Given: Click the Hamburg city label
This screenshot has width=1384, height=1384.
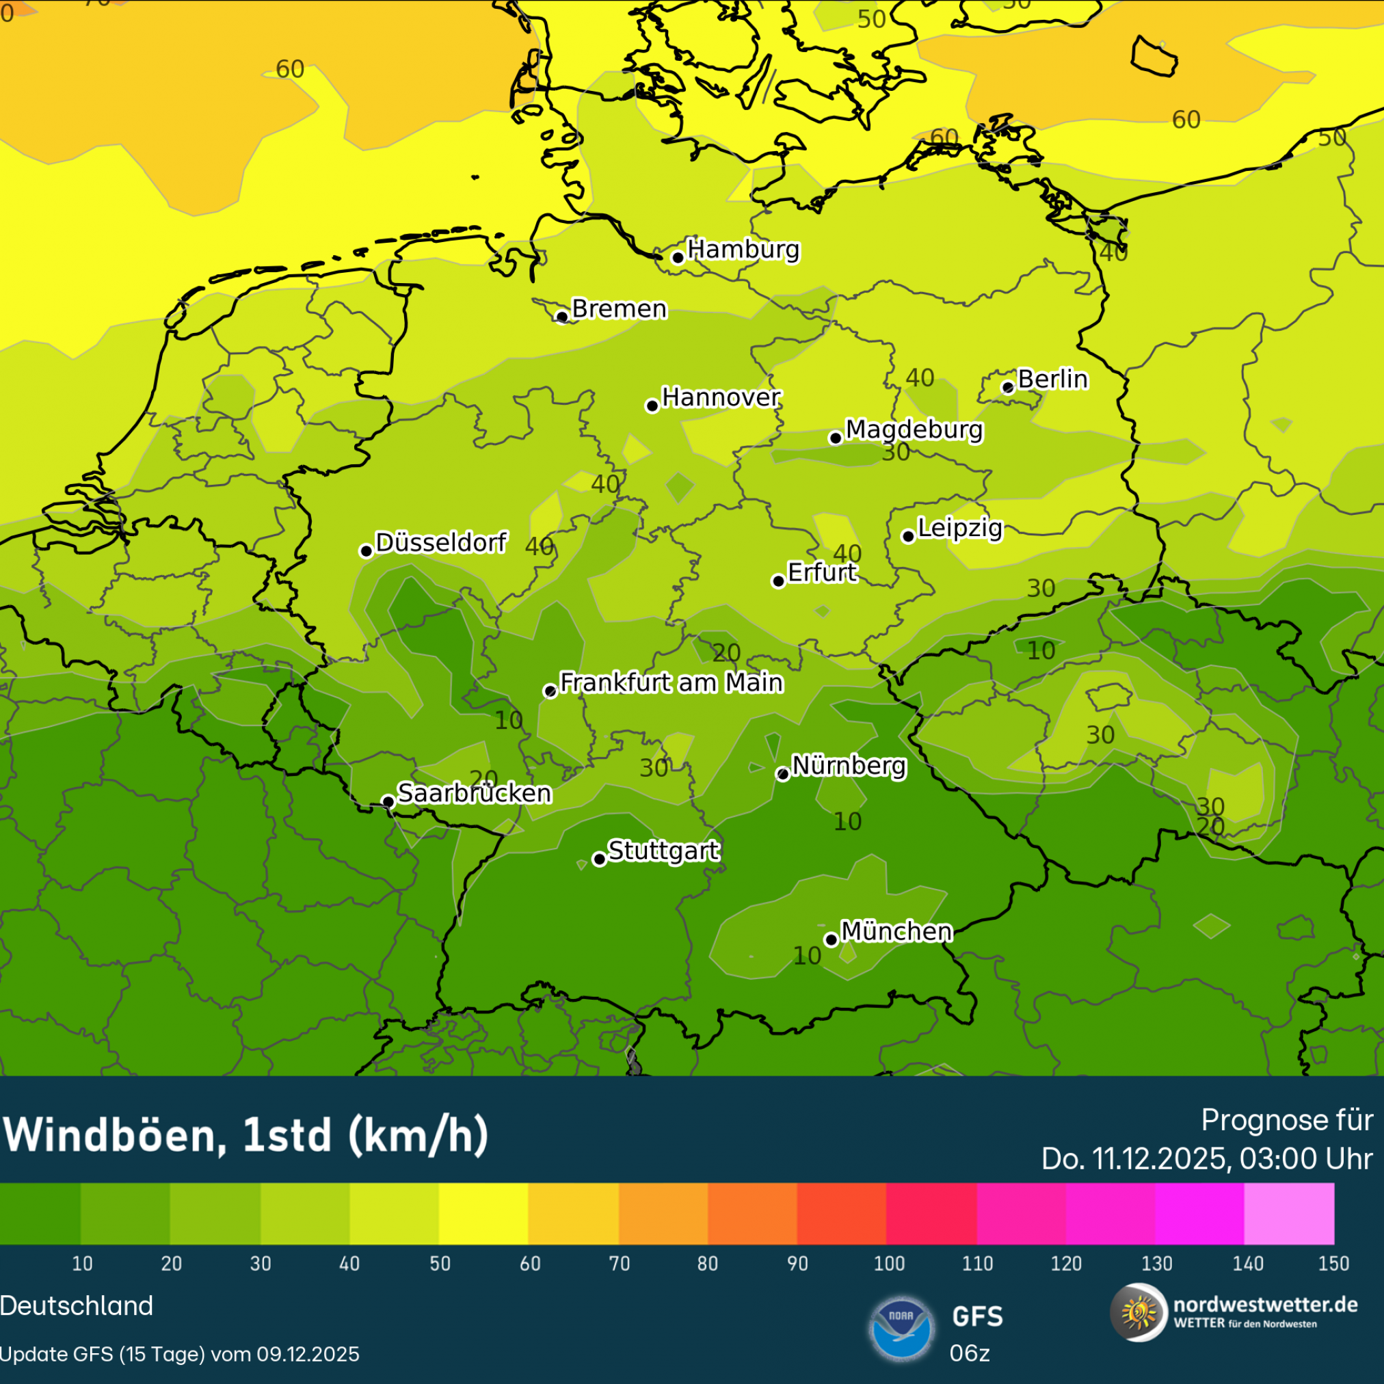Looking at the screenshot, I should tap(743, 250).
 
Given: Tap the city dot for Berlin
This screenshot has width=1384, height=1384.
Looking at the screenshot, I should tap(1007, 388).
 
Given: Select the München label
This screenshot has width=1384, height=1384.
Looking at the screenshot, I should tap(896, 931).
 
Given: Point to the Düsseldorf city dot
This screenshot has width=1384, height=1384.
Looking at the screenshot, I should tap(366, 551).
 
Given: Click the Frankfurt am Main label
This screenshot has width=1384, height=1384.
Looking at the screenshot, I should tap(671, 682).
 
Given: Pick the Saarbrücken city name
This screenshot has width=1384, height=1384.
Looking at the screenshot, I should tap(475, 793).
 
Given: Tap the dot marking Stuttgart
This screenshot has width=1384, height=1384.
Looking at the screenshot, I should tap(600, 859).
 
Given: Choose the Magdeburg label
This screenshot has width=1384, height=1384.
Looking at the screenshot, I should tap(914, 430).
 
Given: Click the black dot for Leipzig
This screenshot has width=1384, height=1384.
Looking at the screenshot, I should tap(907, 537).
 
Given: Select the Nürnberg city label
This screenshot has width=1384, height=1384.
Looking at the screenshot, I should tap(849, 766).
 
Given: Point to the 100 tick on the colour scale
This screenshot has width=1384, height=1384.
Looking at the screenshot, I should tap(889, 1264).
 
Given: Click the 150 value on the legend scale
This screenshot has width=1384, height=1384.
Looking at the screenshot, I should tap(1333, 1264).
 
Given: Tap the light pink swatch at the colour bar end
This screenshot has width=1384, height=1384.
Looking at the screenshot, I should tap(1289, 1214).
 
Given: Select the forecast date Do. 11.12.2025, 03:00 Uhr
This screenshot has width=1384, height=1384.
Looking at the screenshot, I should tap(1206, 1159).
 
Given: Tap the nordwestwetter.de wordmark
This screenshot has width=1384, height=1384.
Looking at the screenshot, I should tap(1265, 1305).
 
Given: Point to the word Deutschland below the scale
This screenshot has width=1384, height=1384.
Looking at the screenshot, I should tap(77, 1306).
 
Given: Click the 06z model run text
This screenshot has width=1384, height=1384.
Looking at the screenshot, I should tap(969, 1353).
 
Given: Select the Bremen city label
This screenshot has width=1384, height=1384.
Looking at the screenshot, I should tap(619, 309).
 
